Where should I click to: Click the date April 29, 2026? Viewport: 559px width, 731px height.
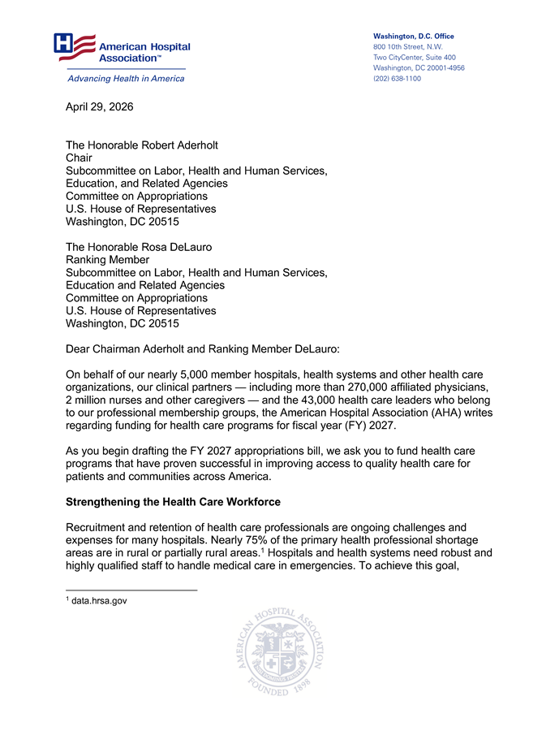(x=99, y=107)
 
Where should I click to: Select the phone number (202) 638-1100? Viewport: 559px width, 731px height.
(x=397, y=79)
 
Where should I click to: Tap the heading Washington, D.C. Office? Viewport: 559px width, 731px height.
(x=413, y=37)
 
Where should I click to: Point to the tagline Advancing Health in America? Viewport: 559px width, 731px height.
(x=126, y=79)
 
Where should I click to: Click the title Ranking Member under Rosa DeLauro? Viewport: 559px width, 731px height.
(x=107, y=260)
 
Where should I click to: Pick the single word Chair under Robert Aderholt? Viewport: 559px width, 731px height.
(x=79, y=158)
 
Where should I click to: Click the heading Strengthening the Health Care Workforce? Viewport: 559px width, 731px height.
(x=173, y=502)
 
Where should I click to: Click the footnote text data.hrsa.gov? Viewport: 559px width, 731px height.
(x=99, y=600)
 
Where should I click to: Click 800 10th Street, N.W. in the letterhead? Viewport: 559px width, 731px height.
(x=407, y=47)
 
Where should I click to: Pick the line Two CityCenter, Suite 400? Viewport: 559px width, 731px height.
(x=414, y=58)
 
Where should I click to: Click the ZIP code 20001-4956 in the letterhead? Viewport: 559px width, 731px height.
(x=442, y=68)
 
